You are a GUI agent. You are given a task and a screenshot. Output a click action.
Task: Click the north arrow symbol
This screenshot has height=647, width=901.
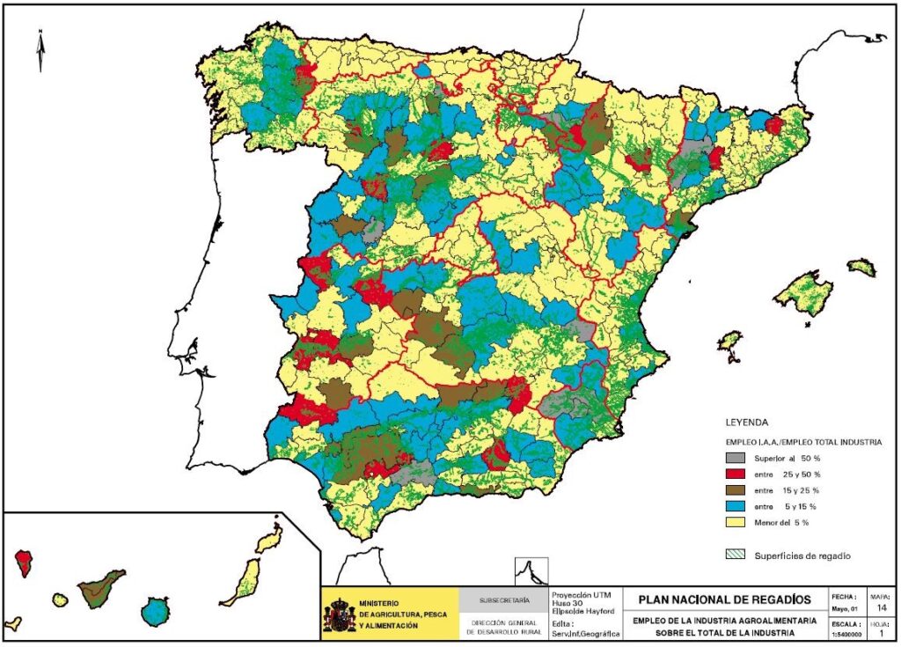pos(40,50)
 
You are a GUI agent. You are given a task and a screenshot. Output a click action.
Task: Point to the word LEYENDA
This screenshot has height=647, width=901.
pos(747,422)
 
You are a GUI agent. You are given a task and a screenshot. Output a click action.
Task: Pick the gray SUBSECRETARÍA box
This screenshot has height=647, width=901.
pos(504,600)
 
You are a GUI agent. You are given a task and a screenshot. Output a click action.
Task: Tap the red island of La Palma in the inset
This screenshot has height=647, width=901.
pos(24,562)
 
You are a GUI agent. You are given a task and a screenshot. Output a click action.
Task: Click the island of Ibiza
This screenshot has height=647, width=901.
pos(729,341)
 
